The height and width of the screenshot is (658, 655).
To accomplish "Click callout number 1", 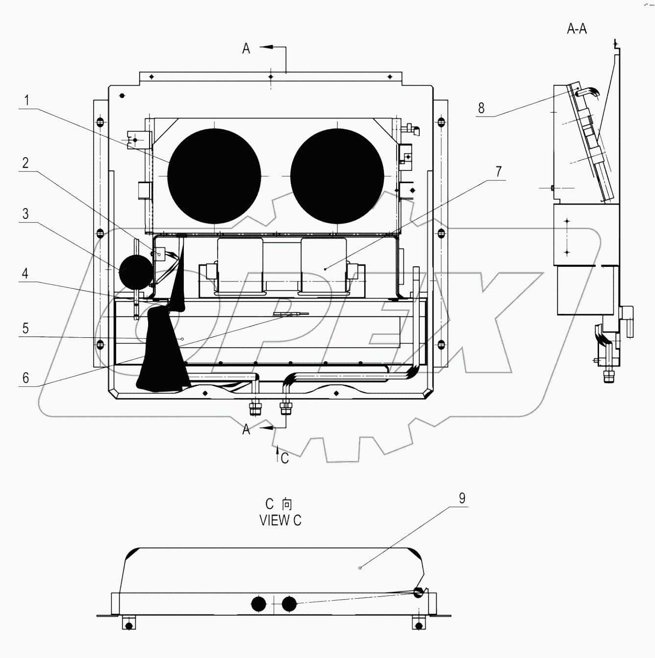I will tap(26, 101).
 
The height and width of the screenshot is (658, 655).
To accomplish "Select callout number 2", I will tap(25, 163).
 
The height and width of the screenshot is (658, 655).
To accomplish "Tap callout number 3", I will tap(25, 214).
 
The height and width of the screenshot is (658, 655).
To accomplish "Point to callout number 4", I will tap(25, 274).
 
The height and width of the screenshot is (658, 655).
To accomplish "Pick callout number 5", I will tap(25, 329).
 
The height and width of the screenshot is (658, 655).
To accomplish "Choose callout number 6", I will tap(25, 377).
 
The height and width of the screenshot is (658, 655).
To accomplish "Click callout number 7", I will tap(499, 172).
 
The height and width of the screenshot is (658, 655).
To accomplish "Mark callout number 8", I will tap(481, 108).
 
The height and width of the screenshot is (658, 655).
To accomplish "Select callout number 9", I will tap(462, 498).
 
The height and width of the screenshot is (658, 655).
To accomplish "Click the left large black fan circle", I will tap(214, 176).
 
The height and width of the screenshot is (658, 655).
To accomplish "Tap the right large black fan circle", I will tap(337, 176).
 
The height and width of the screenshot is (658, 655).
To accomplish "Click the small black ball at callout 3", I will tap(136, 271).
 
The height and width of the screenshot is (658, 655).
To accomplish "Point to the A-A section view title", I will tap(577, 29).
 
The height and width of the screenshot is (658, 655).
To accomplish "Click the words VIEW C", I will tap(280, 521).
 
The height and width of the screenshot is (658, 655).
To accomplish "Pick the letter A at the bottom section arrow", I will tap(246, 429).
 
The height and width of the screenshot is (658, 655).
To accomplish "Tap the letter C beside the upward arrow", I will tap(284, 458).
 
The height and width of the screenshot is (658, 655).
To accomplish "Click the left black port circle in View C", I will tap(258, 605).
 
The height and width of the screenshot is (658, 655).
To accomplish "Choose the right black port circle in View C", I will tap(289, 605).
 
